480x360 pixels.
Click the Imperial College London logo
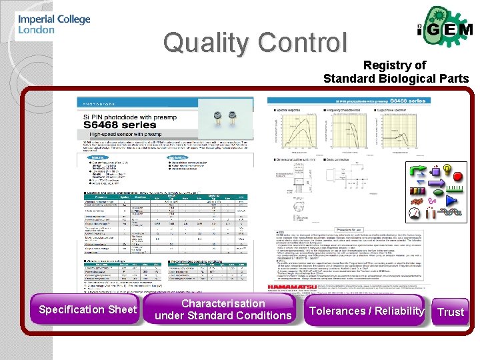coord(53,25)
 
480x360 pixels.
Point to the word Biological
coord(409,79)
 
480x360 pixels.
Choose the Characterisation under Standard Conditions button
coord(223,309)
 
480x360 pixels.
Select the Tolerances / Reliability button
coord(367,311)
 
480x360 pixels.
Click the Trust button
coord(450,312)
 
